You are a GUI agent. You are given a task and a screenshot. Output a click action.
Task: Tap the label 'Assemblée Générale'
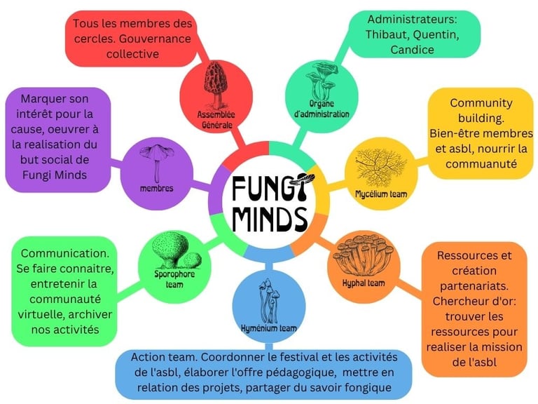tap(216, 119)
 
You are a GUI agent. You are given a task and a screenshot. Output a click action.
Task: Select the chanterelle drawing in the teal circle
tap(321, 81)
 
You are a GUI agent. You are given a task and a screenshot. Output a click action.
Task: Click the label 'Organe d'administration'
tap(322, 109)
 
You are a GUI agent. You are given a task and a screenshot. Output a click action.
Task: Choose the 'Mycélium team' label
tap(381, 194)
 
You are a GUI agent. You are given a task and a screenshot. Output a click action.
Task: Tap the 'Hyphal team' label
tap(364, 283)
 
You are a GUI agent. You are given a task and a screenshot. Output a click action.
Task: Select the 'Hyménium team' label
tap(269, 329)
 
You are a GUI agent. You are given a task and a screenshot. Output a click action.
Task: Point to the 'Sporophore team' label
tap(174, 279)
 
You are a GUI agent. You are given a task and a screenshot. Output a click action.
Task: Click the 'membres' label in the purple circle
tap(156, 188)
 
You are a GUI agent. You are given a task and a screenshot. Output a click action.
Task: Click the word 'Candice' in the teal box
tap(412, 50)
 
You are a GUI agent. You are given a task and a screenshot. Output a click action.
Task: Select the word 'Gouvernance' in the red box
tap(155, 39)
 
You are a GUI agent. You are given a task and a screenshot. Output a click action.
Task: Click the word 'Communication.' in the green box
tap(65, 253)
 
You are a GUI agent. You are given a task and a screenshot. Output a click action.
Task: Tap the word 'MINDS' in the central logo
tap(270, 219)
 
